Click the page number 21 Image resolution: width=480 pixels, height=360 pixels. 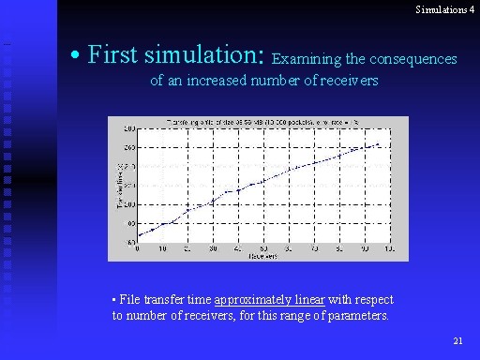click(x=457, y=339)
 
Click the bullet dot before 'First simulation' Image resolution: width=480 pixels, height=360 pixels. click(x=75, y=57)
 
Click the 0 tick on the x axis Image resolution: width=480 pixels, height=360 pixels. click(x=139, y=248)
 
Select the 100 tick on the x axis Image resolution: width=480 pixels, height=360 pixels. click(x=389, y=248)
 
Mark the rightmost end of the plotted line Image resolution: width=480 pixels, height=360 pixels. click(x=378, y=144)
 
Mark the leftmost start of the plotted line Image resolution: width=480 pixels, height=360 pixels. click(x=139, y=235)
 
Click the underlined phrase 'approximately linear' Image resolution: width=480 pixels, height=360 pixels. click(x=269, y=300)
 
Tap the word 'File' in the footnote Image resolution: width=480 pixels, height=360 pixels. click(x=127, y=300)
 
